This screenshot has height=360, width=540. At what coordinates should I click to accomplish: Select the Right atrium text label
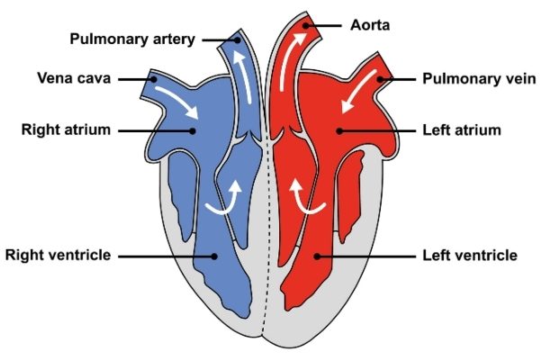coord(66,130)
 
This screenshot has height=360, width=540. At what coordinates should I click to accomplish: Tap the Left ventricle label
coord(470,255)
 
